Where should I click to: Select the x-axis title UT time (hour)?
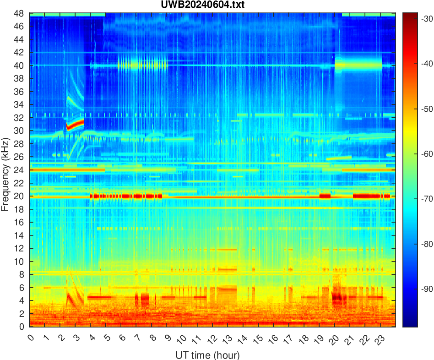coord(207,355)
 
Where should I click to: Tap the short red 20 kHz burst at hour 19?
coord(325,196)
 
